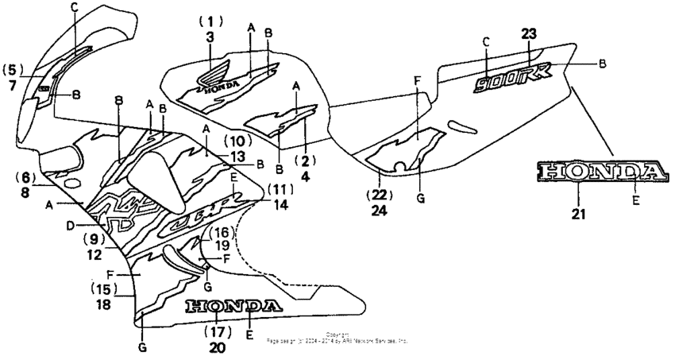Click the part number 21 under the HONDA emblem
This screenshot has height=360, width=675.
point(579,214)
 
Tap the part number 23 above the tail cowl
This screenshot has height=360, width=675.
point(529,33)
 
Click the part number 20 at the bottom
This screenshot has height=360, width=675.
point(217,347)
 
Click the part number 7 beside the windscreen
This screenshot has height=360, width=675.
point(13,84)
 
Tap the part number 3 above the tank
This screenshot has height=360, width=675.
point(210,37)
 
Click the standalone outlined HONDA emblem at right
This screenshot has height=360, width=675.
point(600,172)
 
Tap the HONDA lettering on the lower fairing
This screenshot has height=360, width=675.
point(233,306)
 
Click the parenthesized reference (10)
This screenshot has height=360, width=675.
point(238,141)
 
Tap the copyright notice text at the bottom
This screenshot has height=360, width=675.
point(337,337)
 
